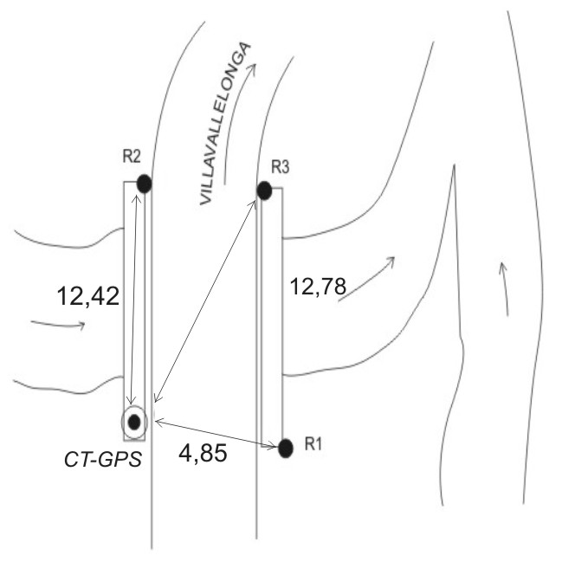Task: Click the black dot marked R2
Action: (144, 184)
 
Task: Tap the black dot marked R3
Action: (264, 191)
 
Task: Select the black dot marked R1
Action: (286, 449)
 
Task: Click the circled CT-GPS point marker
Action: (134, 423)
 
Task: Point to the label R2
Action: (132, 156)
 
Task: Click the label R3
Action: (280, 167)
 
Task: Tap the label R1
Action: (313, 444)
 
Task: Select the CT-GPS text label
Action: (103, 460)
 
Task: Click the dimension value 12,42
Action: (87, 297)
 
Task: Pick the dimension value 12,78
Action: (318, 287)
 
